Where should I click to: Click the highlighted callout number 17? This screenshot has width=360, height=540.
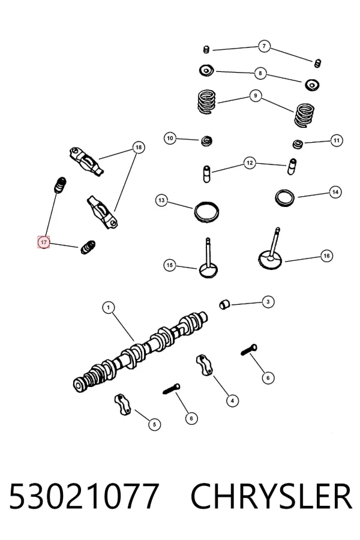[x=44, y=242]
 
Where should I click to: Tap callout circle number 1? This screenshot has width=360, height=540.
[x=109, y=307]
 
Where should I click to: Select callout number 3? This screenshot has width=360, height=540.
[x=268, y=302]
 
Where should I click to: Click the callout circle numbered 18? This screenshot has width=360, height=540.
[x=139, y=148]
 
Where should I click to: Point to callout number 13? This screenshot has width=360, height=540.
[x=161, y=200]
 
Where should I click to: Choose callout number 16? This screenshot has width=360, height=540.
[x=326, y=256]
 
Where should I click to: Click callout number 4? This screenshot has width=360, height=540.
[x=232, y=401]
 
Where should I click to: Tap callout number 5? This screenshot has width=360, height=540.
[x=154, y=424]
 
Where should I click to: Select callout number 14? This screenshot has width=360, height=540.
[x=335, y=192]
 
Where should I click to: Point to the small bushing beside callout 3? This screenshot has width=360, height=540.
[x=224, y=304]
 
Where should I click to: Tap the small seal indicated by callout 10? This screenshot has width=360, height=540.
[x=206, y=140]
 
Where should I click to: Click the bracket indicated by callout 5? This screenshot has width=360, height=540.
[x=122, y=404]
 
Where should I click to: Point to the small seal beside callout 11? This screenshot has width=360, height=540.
[x=298, y=143]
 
